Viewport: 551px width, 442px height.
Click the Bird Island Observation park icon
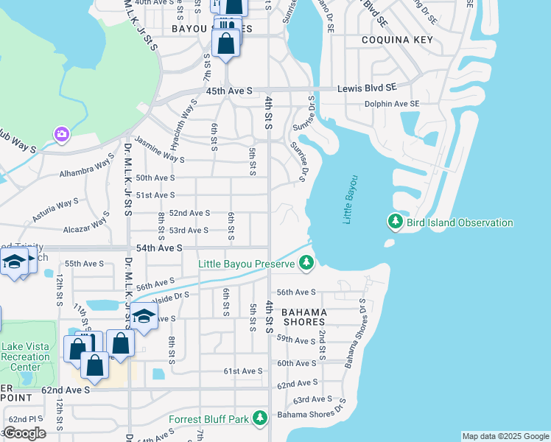click(x=396, y=222)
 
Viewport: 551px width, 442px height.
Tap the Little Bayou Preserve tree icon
click(x=307, y=263)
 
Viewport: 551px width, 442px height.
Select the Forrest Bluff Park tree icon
click(x=259, y=418)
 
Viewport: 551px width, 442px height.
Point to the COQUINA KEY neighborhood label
click(x=390, y=40)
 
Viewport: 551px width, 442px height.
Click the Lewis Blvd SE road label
click(x=367, y=88)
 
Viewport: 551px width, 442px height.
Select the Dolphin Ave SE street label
click(x=392, y=104)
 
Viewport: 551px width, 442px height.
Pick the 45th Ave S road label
click(x=229, y=91)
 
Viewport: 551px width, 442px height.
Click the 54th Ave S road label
click(x=158, y=248)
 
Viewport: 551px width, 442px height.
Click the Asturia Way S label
click(x=56, y=209)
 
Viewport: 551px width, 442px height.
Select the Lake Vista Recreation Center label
click(x=26, y=357)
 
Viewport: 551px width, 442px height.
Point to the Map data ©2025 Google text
click(x=505, y=436)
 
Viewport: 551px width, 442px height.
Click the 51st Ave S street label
click(x=155, y=195)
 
